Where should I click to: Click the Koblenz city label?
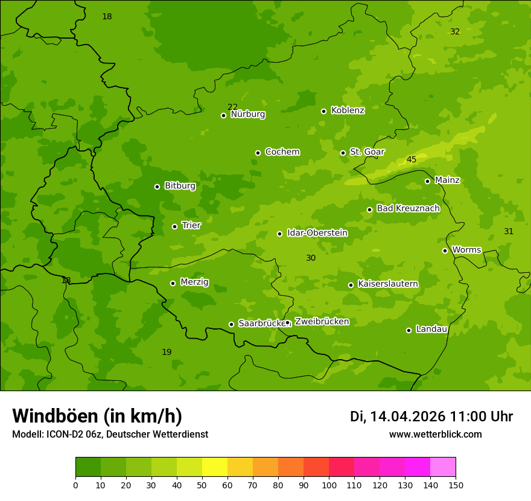[348, 110]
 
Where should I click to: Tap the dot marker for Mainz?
[427, 181]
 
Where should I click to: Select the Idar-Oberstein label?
[317, 233]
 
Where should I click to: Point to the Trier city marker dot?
[175, 226]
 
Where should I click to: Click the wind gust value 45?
[412, 160]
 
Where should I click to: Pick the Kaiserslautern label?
[387, 284]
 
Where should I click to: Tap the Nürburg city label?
[247, 114]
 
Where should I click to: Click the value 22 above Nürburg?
[232, 107]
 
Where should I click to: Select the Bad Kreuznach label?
[408, 208]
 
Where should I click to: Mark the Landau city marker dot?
[409, 330]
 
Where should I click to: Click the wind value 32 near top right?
[455, 32]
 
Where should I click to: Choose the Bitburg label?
[180, 186]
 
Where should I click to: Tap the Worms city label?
[466, 250]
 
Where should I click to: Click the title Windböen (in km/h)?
[97, 416]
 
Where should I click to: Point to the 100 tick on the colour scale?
[329, 485]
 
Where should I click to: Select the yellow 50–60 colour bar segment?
[215, 467]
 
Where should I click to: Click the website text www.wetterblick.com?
[435, 434]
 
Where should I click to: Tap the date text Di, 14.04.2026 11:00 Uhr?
[431, 416]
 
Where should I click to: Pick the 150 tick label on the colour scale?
[456, 485]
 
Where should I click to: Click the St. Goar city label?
[367, 152]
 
